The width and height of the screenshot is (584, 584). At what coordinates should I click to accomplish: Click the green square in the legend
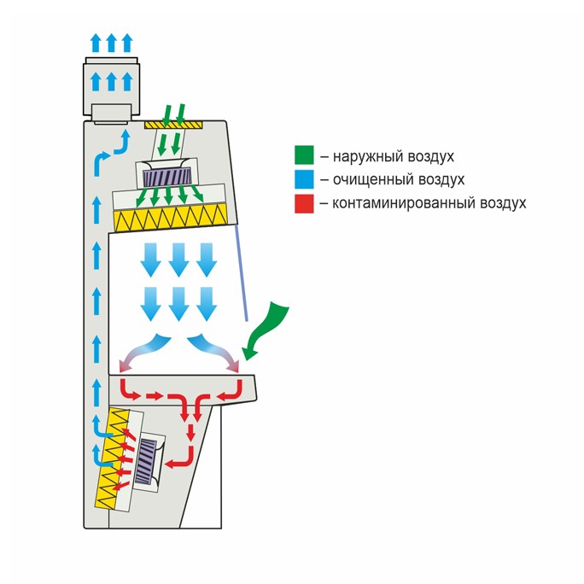pos(304,155)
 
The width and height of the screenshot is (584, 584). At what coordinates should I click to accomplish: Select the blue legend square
pos(304,179)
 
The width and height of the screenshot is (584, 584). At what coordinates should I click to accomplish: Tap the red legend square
pos(304,204)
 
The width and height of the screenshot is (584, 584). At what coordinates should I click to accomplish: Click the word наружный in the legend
pos(368,156)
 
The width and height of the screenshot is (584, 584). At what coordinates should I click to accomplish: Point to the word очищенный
pos(373,180)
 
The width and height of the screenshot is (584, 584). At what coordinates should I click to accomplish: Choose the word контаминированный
pos(403,203)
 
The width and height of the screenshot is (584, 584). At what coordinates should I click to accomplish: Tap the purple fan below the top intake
pos(167,176)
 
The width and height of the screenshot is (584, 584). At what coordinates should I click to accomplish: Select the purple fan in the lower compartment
pos(146,461)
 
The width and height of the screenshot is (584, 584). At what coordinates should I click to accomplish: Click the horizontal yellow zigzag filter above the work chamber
pos(171,217)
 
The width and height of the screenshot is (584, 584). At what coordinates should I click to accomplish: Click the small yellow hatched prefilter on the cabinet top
pos(173,125)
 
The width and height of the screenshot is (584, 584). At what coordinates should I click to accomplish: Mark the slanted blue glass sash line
pos(241,272)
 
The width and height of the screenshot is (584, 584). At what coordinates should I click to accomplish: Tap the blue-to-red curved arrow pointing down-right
pos(214,350)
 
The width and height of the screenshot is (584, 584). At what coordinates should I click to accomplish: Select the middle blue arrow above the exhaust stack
pos(111,43)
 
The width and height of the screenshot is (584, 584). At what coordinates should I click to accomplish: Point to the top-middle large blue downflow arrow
pos(178,260)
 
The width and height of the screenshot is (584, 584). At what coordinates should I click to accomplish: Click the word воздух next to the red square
pos(503,204)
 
